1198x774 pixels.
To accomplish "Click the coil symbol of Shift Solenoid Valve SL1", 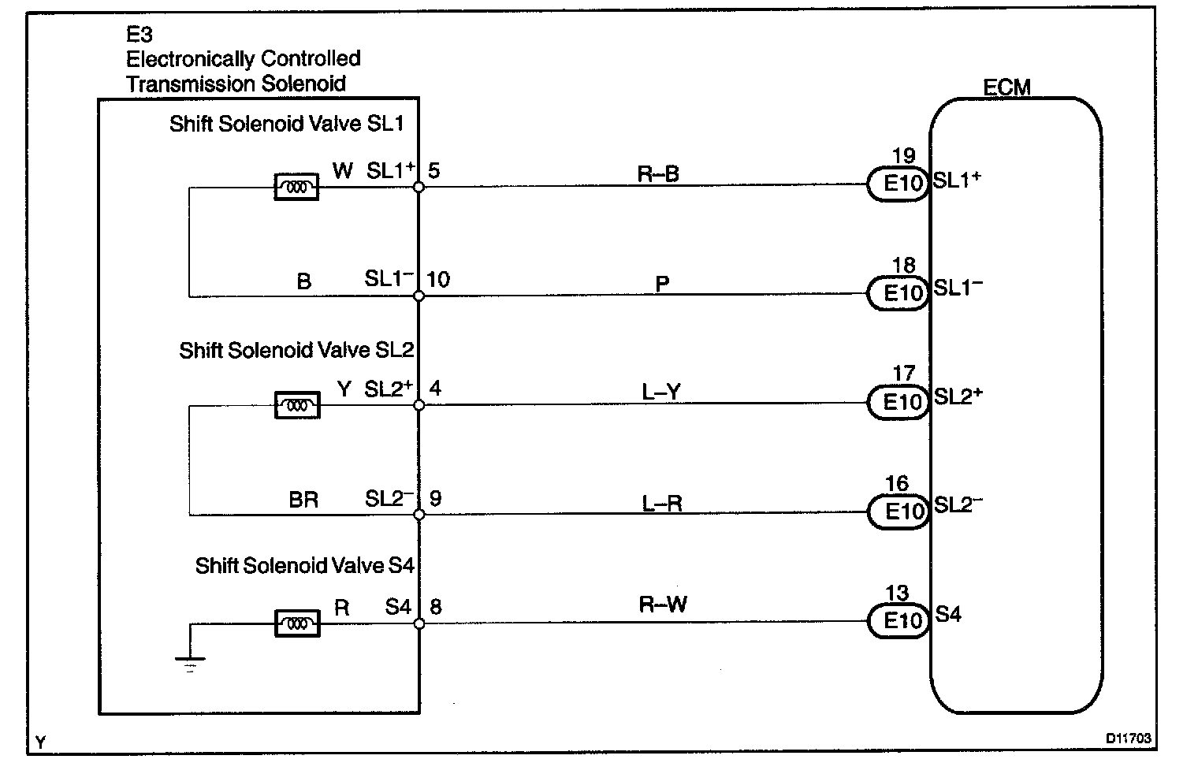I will pyautogui.click(x=296, y=188).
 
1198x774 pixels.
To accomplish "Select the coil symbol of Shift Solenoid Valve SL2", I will pyautogui.click(x=296, y=406).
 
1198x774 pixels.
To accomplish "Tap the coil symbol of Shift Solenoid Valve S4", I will pyautogui.click(x=297, y=624).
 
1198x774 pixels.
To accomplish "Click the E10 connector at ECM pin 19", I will pyautogui.click(x=898, y=184).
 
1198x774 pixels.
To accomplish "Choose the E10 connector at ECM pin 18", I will pyautogui.click(x=898, y=293).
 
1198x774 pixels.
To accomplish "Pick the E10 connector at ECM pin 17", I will pyautogui.click(x=898, y=403).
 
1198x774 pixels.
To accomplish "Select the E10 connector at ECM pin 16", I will pyautogui.click(x=898, y=512).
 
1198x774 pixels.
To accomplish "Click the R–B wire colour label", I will pyautogui.click(x=658, y=174).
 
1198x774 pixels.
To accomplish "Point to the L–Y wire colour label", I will pyautogui.click(x=660, y=393).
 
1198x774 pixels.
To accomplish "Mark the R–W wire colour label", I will pyautogui.click(x=662, y=605).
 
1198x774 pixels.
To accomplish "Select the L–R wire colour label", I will pyautogui.click(x=661, y=503).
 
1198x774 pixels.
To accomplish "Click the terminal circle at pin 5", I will pyautogui.click(x=419, y=188).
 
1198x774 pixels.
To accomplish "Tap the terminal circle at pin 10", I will pyautogui.click(x=419, y=296).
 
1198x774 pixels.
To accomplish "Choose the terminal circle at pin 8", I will pyautogui.click(x=419, y=623).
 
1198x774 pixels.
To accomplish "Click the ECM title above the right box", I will pyautogui.click(x=1006, y=87).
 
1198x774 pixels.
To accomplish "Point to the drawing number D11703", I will pyautogui.click(x=1128, y=739).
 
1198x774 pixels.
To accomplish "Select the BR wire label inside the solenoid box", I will pyautogui.click(x=303, y=500).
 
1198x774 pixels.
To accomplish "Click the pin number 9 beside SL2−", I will pyautogui.click(x=436, y=498).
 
